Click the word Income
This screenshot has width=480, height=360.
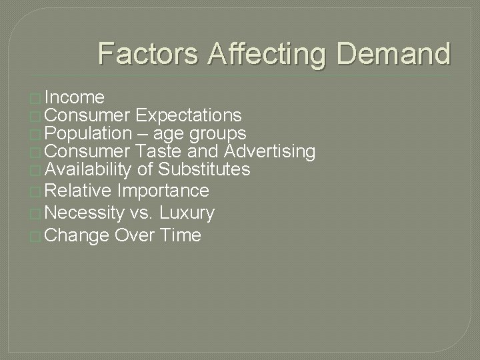tap(76, 97)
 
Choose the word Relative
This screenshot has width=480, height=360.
tap(79, 191)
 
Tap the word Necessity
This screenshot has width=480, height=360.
tap(85, 213)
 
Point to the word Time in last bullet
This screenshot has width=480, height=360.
tap(181, 235)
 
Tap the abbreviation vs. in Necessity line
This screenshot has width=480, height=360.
tap(142, 213)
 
